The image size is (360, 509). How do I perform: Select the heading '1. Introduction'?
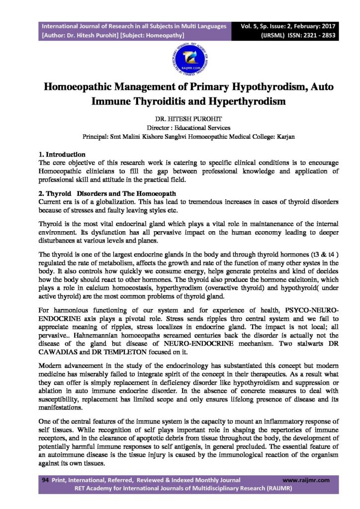tap(63, 155)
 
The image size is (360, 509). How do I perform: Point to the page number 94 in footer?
tap(45, 480)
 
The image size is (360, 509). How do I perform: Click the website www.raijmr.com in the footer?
tap(306, 480)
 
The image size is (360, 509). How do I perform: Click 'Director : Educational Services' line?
tap(180, 128)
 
